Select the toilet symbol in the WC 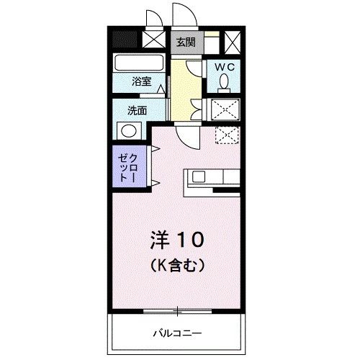223,84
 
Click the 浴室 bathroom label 141,82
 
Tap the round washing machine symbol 129,131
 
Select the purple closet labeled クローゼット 130,167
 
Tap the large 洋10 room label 179,238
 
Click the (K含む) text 179,265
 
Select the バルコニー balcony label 177,333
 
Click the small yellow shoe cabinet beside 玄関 210,42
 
